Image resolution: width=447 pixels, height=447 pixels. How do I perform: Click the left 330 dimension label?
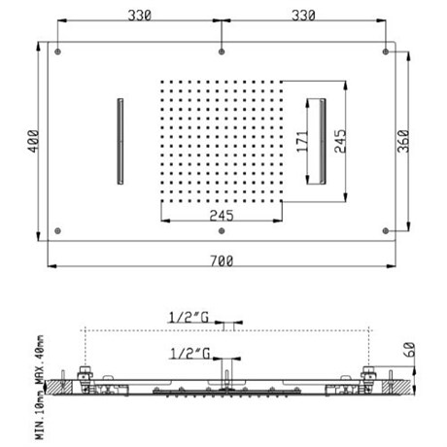tap(140, 16)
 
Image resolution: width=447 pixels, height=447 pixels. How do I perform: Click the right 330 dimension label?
tap(303, 16)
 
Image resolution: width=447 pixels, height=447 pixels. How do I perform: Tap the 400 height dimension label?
tap(33, 141)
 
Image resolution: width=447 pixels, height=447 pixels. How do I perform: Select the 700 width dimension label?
tap(222, 261)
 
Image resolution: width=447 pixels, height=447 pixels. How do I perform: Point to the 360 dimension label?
tap(403, 141)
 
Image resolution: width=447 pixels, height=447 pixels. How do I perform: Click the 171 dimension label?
tap(302, 141)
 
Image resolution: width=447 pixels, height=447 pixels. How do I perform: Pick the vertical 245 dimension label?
tap(340, 141)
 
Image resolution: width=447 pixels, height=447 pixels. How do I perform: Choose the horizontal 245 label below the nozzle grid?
tap(222, 216)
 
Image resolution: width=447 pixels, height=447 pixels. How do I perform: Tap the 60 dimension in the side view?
tap(409, 350)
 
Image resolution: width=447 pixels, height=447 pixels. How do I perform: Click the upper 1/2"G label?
tap(189, 318)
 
